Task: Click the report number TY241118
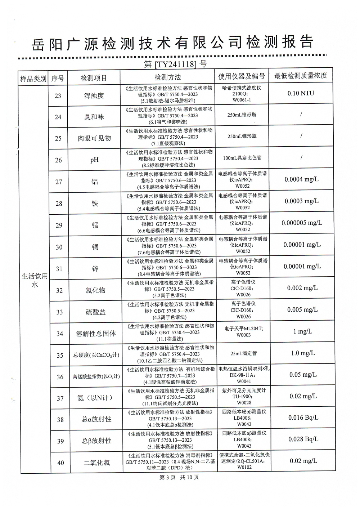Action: [x=175, y=64]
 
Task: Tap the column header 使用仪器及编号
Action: [x=242, y=76]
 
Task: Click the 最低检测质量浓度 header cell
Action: [x=301, y=76]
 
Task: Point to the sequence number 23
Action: [x=58, y=96]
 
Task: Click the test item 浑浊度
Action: [x=94, y=96]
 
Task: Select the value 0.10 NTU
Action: [x=301, y=93]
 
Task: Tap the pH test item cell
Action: [x=94, y=160]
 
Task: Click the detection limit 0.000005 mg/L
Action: [x=302, y=223]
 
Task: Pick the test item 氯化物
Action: [x=95, y=290]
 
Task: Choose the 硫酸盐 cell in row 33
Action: [x=96, y=312]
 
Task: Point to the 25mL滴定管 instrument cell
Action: [x=244, y=353]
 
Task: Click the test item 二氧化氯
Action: [x=97, y=463]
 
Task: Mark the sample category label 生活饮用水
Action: [x=35, y=280]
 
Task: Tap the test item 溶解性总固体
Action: [x=96, y=334]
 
